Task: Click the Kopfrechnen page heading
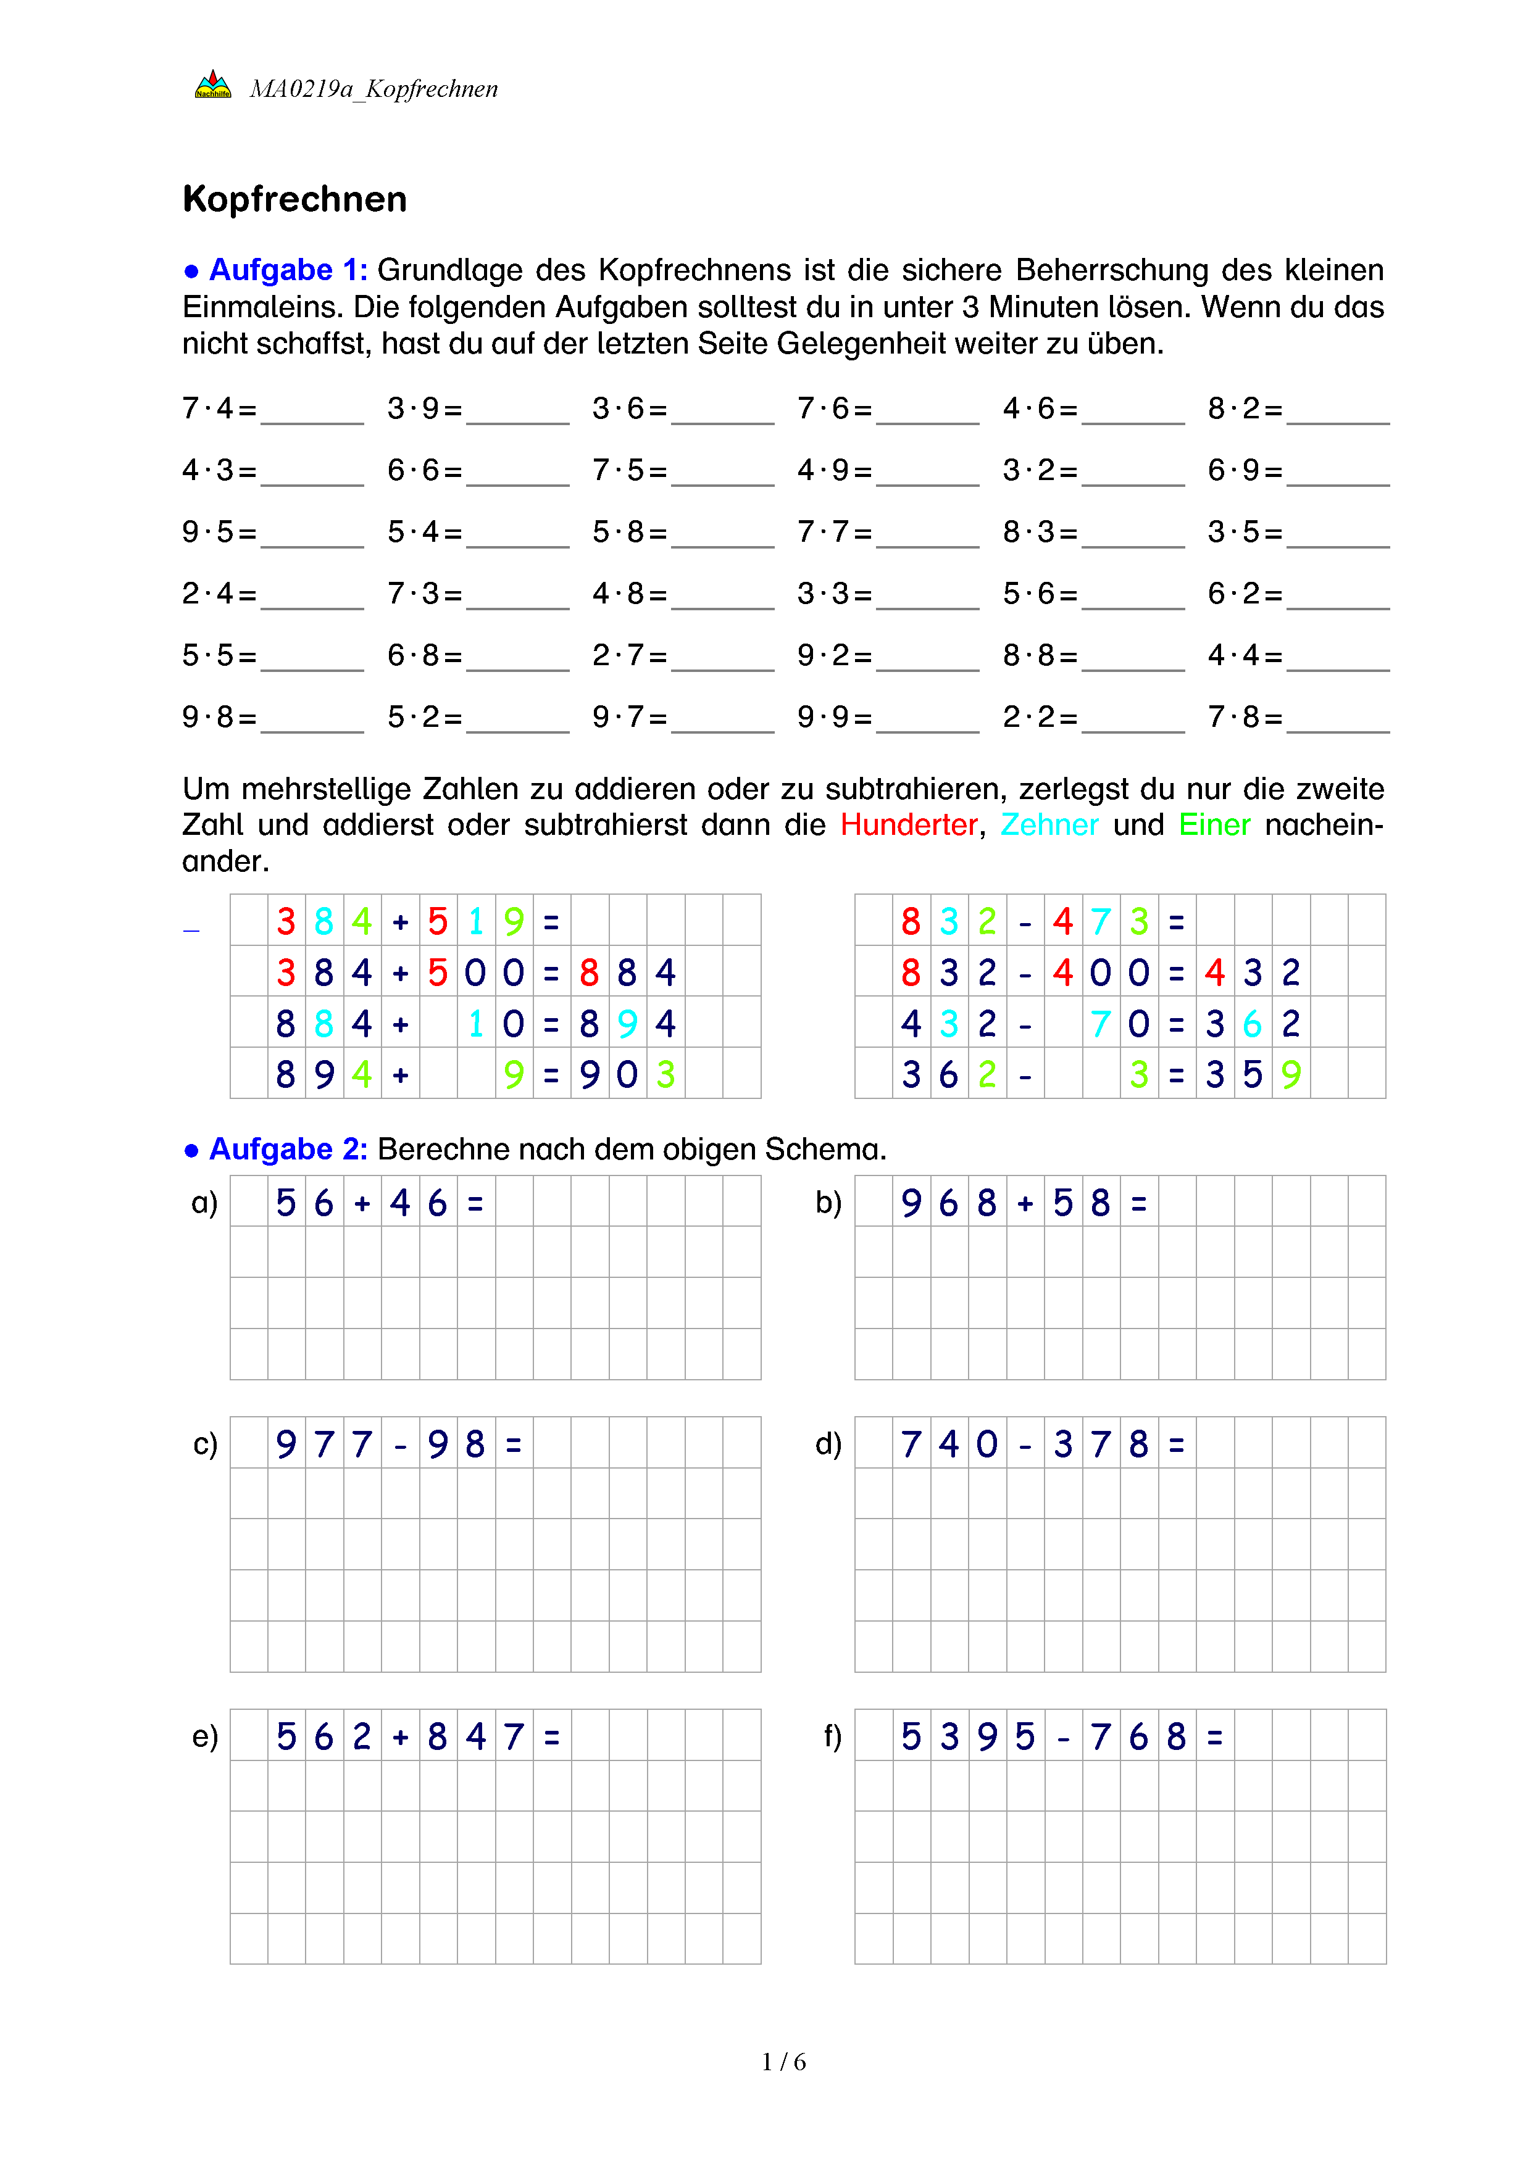click(x=294, y=200)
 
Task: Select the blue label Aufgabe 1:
click(x=288, y=270)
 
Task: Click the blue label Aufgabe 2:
click(x=288, y=1149)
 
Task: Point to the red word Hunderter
click(x=909, y=825)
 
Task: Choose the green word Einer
click(x=1214, y=825)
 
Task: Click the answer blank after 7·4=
click(x=312, y=415)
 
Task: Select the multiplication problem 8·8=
click(x=1040, y=655)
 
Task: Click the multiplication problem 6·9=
click(x=1245, y=470)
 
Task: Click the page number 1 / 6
click(x=783, y=2062)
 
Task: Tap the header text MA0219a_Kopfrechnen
click(x=373, y=89)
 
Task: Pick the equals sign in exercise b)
click(x=1139, y=1204)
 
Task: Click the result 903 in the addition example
click(x=627, y=1074)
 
